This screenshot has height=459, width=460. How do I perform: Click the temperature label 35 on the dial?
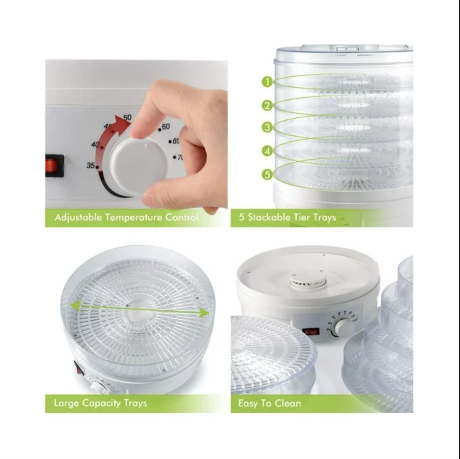click(x=91, y=165)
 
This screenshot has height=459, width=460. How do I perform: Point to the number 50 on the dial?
click(x=128, y=117)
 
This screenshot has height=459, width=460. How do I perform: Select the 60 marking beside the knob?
click(x=166, y=127)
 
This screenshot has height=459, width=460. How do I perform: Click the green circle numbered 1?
click(x=267, y=82)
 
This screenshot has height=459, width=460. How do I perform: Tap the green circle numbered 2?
click(x=267, y=105)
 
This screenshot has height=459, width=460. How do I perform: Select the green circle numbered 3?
click(x=267, y=127)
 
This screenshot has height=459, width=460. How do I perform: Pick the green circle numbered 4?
click(x=267, y=151)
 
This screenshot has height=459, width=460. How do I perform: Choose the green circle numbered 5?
click(x=267, y=174)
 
